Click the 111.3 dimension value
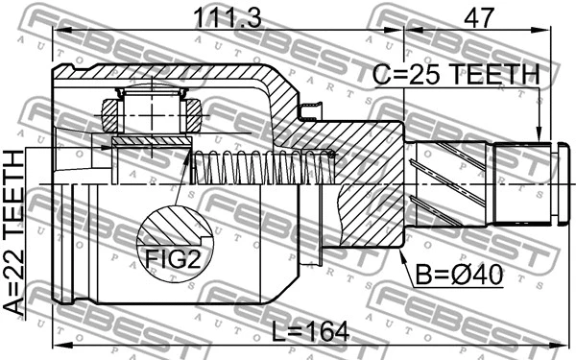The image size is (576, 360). point(228,16)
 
